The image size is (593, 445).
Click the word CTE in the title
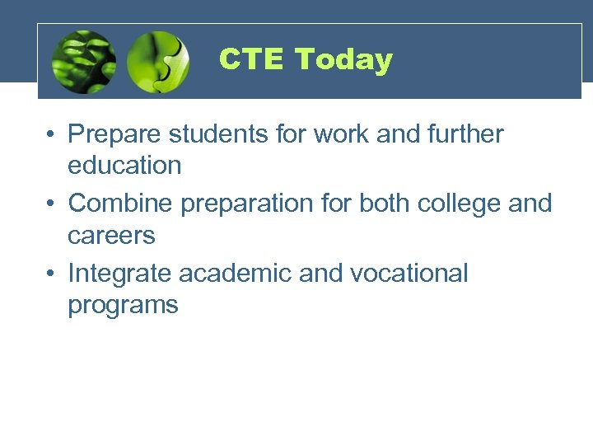(252, 59)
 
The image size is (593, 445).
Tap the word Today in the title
(343, 59)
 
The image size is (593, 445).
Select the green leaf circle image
(83, 62)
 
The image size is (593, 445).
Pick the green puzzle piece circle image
(159, 62)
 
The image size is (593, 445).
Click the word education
(124, 165)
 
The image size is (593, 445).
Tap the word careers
(111, 236)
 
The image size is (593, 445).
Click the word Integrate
(120, 274)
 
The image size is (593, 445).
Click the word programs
(123, 306)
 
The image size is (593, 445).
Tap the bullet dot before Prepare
(51, 134)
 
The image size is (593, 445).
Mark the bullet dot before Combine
(51, 204)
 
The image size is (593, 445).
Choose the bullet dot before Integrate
(51, 274)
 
